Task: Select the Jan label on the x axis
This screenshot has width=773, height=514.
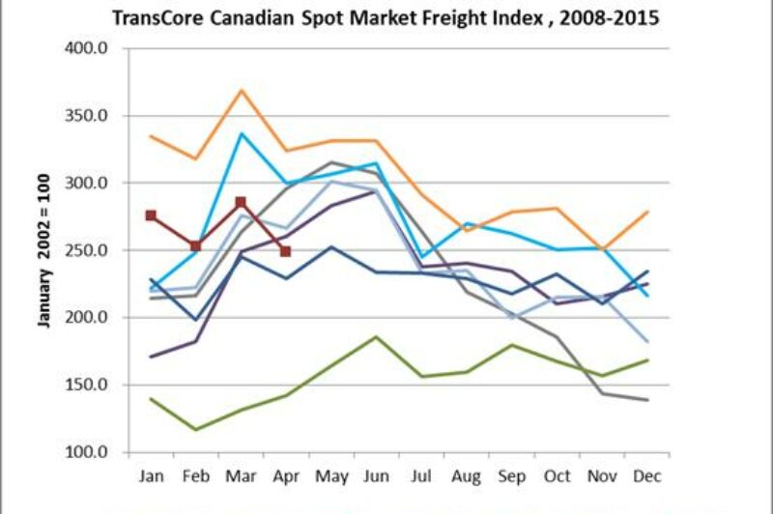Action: (151, 475)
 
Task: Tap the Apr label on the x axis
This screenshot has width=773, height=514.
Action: (285, 475)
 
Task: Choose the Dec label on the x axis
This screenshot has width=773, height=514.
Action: (644, 475)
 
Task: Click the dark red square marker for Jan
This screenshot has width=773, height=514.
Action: (151, 215)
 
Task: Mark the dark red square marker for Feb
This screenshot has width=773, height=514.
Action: (196, 246)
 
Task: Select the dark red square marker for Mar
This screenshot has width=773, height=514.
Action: (241, 203)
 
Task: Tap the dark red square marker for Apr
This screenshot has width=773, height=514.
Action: (285, 251)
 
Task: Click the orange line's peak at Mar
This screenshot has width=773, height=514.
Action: (241, 90)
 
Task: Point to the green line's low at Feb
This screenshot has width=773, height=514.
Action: (196, 430)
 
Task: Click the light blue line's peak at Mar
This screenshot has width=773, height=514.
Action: (241, 133)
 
